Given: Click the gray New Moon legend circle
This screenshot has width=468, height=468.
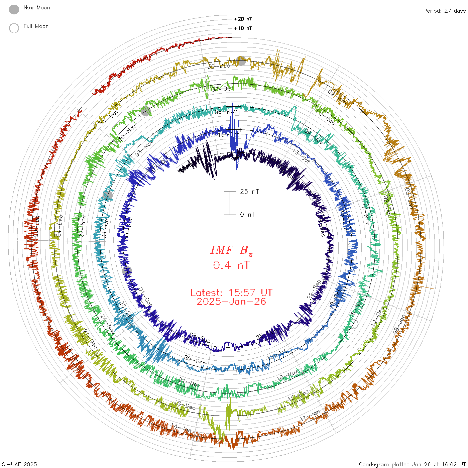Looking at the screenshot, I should (14, 10).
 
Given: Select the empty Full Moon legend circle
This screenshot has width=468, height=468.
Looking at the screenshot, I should (14, 28).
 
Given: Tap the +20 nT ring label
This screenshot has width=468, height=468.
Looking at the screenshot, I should (243, 19).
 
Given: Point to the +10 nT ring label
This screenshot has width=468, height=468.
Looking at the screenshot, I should (243, 28).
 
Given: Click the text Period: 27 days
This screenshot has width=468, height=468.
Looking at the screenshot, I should (444, 11).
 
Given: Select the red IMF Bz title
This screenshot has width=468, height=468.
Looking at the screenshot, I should (231, 250).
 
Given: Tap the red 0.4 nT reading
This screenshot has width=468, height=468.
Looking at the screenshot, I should (231, 265).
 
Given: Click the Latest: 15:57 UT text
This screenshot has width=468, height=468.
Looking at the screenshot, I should (231, 293).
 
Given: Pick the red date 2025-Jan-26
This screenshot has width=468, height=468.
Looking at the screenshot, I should (231, 302).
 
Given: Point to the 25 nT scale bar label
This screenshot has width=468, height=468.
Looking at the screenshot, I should (249, 192).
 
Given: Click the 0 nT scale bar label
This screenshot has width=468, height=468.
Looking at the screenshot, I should (247, 214).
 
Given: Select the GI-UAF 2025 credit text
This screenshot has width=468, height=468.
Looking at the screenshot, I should (19, 464).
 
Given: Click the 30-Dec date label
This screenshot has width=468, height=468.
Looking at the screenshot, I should (219, 66).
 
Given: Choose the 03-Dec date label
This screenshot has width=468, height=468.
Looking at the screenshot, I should (223, 89).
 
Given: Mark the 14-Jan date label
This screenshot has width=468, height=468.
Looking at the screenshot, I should (181, 428).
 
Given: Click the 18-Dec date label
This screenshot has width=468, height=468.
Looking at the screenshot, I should (185, 405).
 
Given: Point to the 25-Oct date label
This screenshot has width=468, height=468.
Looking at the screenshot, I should (194, 360).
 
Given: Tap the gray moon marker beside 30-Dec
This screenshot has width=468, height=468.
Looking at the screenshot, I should (241, 61).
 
